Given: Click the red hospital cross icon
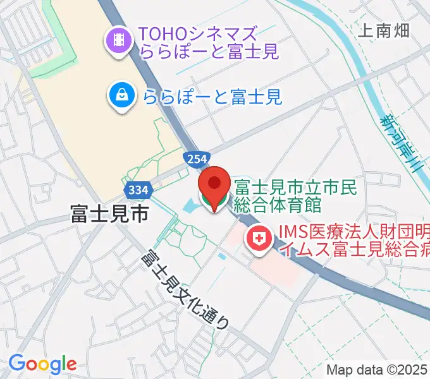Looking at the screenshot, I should (258, 239).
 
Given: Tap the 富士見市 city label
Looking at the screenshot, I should (109, 215).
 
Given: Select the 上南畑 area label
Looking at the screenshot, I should (384, 30).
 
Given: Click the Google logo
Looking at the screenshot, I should (42, 364).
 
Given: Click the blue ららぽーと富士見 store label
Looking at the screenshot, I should (212, 97).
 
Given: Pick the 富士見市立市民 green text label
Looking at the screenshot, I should (296, 187).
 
